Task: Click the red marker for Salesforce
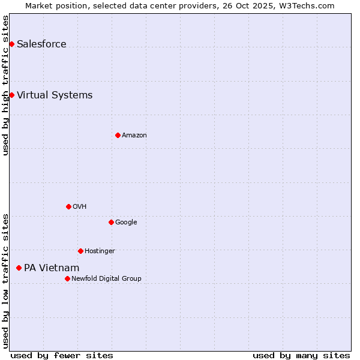tap(11, 44)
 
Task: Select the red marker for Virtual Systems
tap(11, 95)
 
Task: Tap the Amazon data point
tap(118, 135)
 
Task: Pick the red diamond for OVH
tap(68, 206)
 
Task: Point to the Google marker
tap(111, 222)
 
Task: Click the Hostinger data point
tap(80, 251)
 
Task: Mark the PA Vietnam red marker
tap(19, 268)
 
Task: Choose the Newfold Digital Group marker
tap(67, 278)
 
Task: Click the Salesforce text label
tap(41, 44)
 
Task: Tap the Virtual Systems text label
tap(55, 95)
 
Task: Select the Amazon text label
tap(134, 135)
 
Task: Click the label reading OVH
tap(80, 206)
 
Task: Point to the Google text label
tap(126, 222)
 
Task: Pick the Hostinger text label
tap(100, 251)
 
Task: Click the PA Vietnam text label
tap(52, 268)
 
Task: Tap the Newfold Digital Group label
tap(106, 278)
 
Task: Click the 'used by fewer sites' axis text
tap(62, 355)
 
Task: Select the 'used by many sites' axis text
tap(301, 355)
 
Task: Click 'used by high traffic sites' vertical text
tap(5, 85)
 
